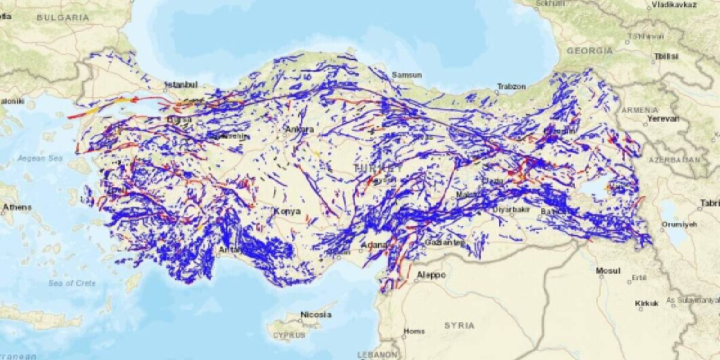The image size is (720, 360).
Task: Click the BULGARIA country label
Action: coord(62,18)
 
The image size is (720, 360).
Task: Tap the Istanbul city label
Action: coord(181,85)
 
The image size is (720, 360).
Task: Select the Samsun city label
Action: coord(407,75)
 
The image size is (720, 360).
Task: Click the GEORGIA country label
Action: coord(590,51)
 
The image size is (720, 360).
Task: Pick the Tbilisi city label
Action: coord(666,56)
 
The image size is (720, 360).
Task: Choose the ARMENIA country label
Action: coord(640,110)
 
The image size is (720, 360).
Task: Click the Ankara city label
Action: coord(299,129)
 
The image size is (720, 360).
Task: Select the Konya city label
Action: coord(286,211)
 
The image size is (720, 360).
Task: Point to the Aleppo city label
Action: coord(431,275)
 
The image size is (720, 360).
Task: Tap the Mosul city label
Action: coord(608,271)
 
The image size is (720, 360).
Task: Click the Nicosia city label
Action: coord(316,314)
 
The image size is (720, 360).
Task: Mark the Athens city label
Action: coord(17,208)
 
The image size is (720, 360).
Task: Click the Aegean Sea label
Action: coord(40,158)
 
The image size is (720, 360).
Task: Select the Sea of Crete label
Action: coord(72,283)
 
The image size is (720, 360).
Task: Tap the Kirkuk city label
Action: coord(647,303)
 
